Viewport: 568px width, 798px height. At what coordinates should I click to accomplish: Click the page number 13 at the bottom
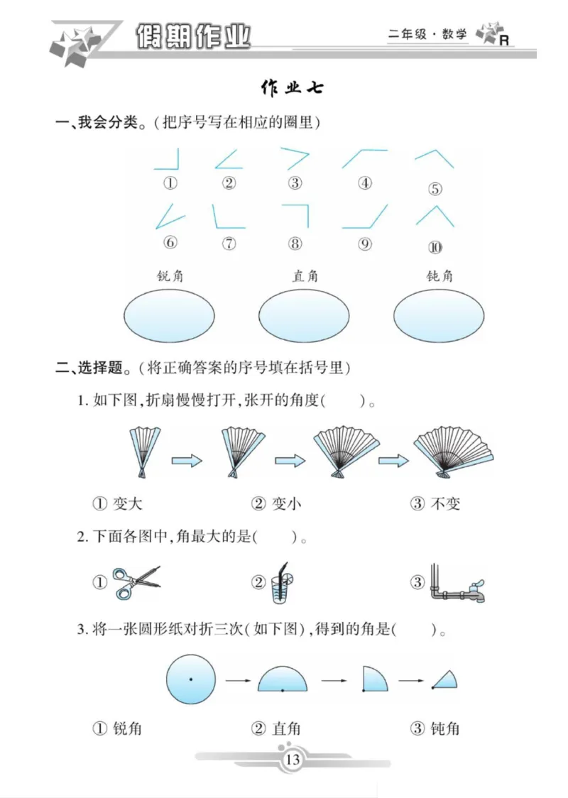point(293,760)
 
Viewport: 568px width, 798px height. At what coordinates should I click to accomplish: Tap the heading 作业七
point(293,88)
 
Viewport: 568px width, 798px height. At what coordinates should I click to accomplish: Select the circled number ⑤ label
point(435,189)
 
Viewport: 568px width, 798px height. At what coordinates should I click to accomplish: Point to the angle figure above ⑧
point(297,215)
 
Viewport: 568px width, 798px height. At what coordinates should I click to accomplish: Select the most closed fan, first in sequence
point(145,450)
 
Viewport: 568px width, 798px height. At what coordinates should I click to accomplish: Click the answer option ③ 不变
point(435,504)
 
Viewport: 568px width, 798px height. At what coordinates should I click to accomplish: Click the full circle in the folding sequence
point(190,680)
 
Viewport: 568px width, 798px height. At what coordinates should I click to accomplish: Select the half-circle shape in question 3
point(283,680)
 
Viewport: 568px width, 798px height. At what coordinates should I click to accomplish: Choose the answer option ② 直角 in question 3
point(276,728)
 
